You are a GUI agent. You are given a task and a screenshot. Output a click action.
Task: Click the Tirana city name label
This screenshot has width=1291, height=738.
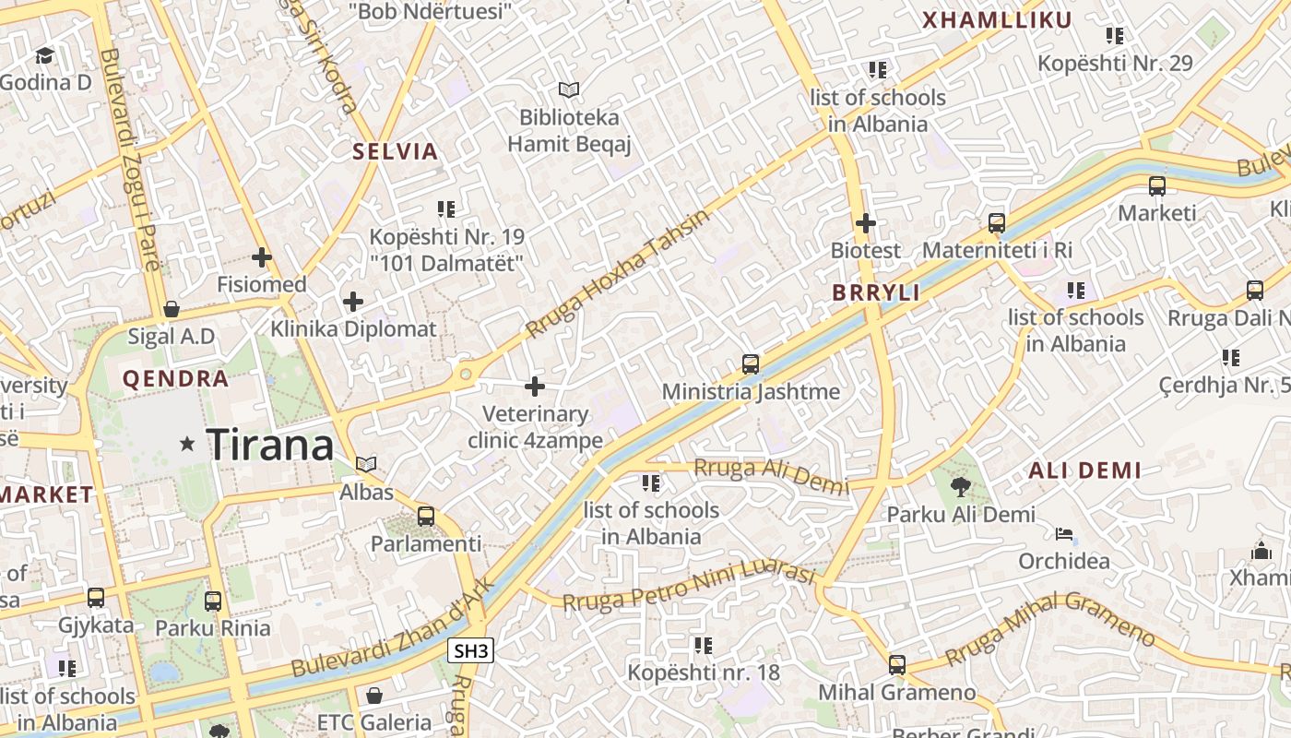pyautogui.click(x=269, y=446)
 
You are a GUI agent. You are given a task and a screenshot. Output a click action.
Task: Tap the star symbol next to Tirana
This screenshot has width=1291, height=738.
pyautogui.click(x=188, y=445)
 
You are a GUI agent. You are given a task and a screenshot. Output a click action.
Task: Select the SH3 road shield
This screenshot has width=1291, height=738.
pyautogui.click(x=470, y=651)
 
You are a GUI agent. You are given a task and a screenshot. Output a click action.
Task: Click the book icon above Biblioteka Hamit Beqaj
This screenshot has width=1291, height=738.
pyautogui.click(x=569, y=89)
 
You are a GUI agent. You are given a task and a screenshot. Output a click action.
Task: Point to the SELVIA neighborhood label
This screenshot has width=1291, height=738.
pyautogui.click(x=395, y=152)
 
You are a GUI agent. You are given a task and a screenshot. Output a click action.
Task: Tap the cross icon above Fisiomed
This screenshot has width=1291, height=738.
pyautogui.click(x=262, y=256)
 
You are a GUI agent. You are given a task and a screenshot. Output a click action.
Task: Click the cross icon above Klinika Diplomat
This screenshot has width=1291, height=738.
pyautogui.click(x=353, y=301)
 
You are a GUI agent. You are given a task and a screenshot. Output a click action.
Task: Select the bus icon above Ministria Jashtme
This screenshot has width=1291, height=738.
pyautogui.click(x=751, y=363)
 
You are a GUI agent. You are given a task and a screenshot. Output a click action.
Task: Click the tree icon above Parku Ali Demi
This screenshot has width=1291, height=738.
pyautogui.click(x=961, y=486)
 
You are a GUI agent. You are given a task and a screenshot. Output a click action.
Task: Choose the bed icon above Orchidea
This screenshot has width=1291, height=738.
pyautogui.click(x=1064, y=533)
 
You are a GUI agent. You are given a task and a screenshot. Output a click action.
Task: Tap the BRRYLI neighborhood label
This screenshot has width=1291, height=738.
pyautogui.click(x=876, y=293)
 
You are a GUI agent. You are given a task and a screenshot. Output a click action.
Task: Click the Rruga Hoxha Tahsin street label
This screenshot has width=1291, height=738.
pyautogui.click(x=618, y=273)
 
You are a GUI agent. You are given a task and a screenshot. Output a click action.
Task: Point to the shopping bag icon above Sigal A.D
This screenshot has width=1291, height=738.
pyautogui.click(x=171, y=308)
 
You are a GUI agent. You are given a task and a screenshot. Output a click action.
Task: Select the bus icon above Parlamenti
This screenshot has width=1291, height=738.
pyautogui.click(x=426, y=516)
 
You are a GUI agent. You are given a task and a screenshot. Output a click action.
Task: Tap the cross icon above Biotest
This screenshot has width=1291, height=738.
pyautogui.click(x=865, y=222)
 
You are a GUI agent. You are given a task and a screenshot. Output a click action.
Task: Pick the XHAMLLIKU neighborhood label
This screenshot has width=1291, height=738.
pyautogui.click(x=997, y=20)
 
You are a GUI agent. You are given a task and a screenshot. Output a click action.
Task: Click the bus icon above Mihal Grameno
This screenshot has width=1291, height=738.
pyautogui.click(x=896, y=664)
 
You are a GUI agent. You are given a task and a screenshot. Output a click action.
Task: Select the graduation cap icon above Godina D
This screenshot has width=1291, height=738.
pyautogui.click(x=44, y=55)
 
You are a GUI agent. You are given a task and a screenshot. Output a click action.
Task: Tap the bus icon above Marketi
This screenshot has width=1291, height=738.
pyautogui.click(x=1157, y=185)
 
